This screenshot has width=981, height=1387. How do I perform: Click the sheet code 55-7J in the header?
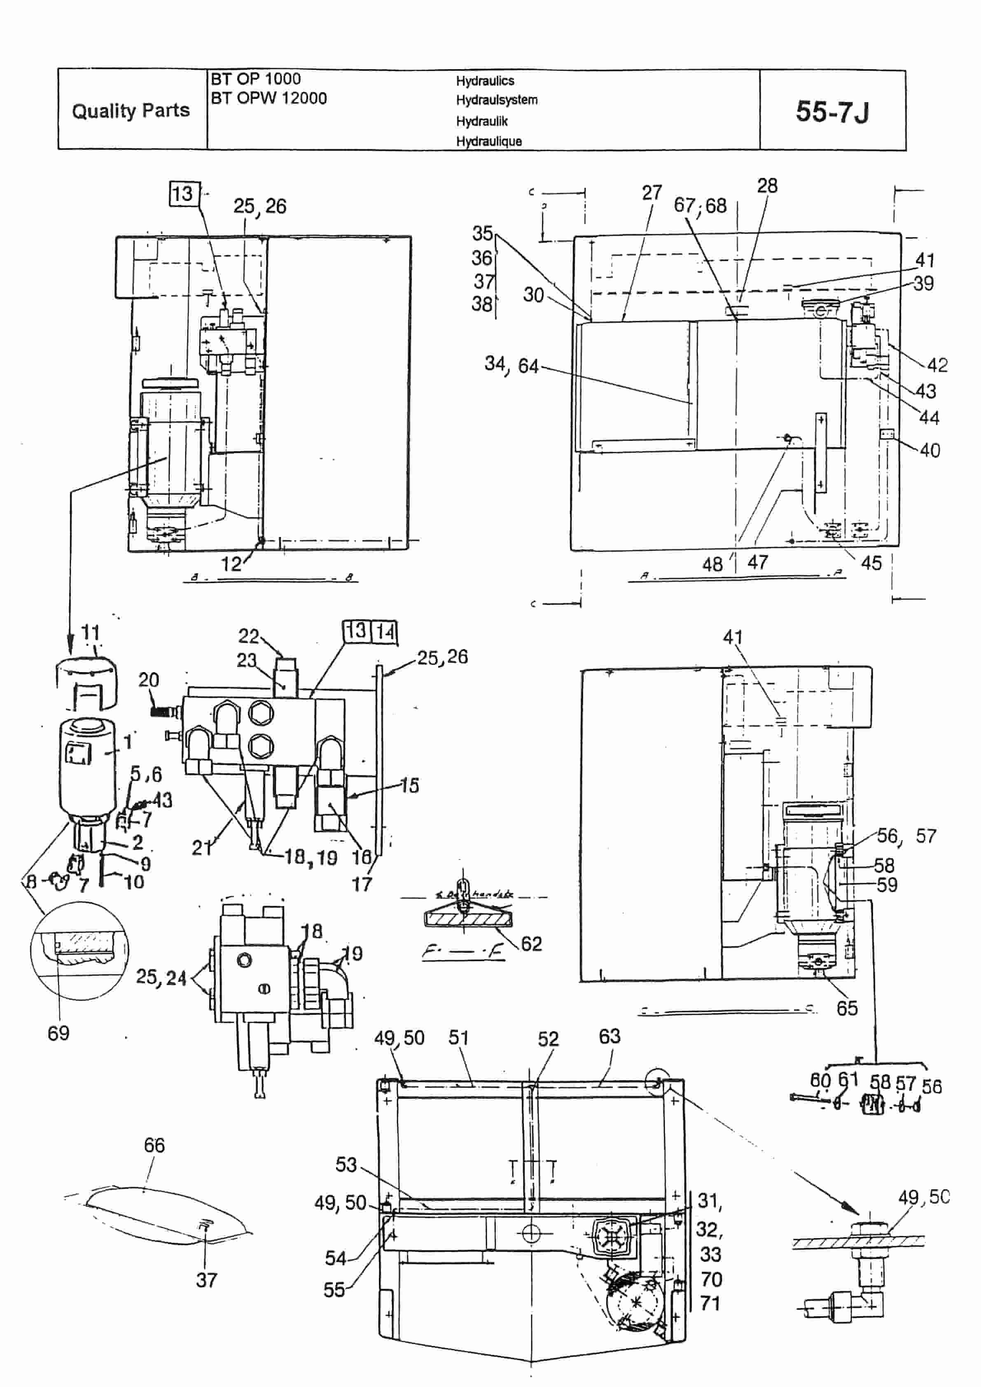click(x=832, y=112)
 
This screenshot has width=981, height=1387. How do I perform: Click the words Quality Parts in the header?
click(x=131, y=110)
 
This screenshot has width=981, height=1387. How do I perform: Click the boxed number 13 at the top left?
click(x=183, y=194)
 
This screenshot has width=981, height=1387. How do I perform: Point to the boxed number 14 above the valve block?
click(x=384, y=632)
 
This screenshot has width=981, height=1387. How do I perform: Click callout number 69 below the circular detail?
click(x=58, y=1033)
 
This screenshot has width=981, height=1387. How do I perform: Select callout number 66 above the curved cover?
click(x=154, y=1145)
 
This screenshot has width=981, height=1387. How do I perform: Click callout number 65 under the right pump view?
click(x=847, y=1008)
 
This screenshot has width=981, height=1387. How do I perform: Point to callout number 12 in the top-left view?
click(x=231, y=564)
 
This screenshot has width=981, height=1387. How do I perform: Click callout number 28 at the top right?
click(x=767, y=185)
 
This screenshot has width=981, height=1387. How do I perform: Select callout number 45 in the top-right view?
click(x=871, y=563)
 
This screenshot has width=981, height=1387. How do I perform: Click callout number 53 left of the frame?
click(x=346, y=1164)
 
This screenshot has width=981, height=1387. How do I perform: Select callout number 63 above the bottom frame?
click(x=610, y=1036)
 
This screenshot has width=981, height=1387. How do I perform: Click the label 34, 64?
click(x=511, y=364)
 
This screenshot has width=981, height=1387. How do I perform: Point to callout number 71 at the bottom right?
click(x=710, y=1304)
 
